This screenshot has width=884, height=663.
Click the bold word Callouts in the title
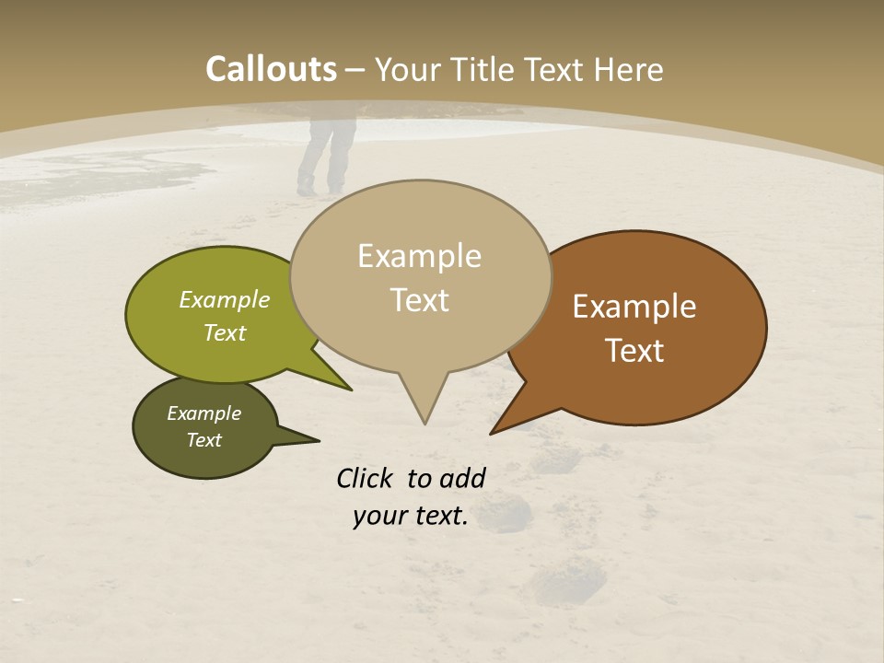coord(271,69)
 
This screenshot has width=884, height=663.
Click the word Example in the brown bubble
coord(634,307)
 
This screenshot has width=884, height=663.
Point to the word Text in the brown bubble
coord(634,351)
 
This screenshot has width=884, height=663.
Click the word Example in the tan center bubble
coord(419,256)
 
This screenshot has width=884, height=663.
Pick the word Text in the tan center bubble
coord(419,300)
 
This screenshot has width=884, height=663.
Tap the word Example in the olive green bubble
coord(225,300)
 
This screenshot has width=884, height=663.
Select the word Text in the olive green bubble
coord(225,332)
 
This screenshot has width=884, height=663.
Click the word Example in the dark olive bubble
coord(204,413)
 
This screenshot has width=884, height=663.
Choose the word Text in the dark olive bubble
coord(204,440)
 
